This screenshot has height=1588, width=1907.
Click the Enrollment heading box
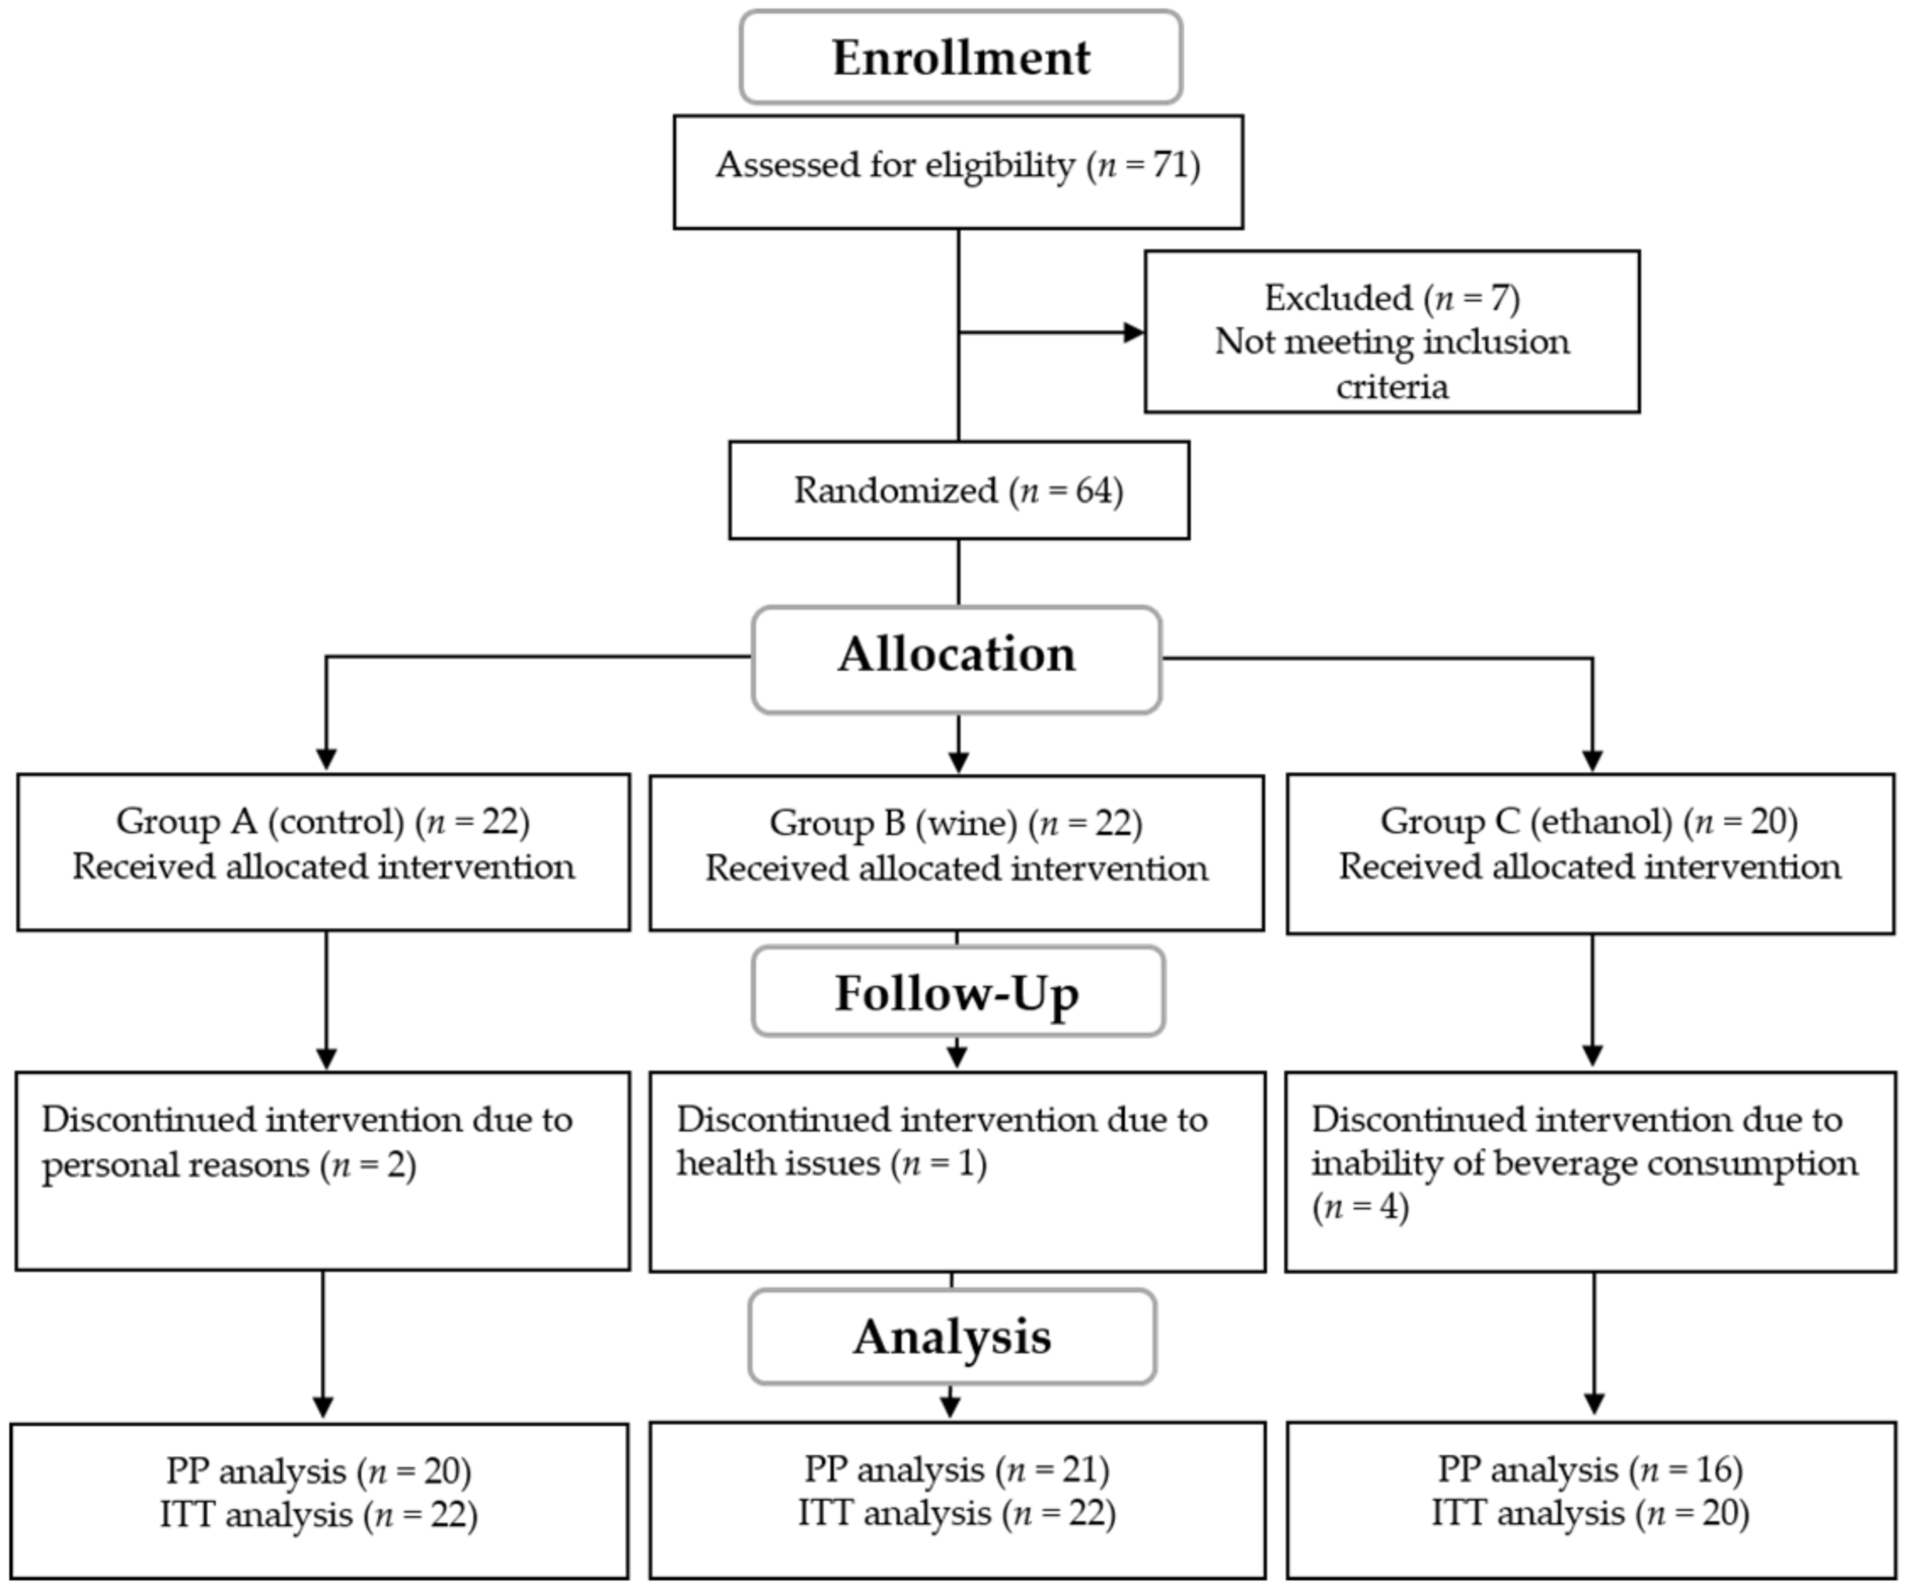[961, 58]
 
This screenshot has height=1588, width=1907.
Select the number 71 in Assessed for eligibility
[1171, 165]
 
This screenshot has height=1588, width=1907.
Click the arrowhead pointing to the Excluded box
[1133, 333]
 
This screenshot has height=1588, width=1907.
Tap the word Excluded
[1337, 298]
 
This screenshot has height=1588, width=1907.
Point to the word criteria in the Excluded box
[1392, 387]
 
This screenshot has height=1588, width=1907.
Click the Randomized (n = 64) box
[959, 490]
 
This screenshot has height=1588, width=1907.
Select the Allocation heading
[956, 655]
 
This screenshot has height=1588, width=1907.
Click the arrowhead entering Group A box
[326, 760]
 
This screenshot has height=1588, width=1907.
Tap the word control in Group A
[336, 822]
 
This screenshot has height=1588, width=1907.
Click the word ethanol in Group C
[1601, 822]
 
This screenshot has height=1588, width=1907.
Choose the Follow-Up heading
[957, 993]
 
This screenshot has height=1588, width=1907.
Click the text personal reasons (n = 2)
[229, 1165]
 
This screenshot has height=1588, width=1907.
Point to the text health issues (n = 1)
[831, 1164]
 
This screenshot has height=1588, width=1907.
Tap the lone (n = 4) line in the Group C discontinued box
[1359, 1208]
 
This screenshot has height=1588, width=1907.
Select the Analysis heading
[951, 1337]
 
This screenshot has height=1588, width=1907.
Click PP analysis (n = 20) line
[318, 1471]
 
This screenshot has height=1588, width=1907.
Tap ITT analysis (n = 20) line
[1590, 1513]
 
